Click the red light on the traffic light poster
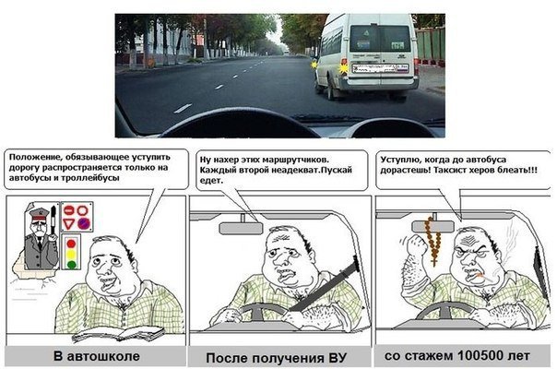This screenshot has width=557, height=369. pos(71,243)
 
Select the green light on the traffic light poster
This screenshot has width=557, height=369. pos(71,265)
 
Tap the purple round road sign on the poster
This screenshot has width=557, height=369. pos(83,222)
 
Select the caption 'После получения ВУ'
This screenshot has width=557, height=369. pos(278,357)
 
